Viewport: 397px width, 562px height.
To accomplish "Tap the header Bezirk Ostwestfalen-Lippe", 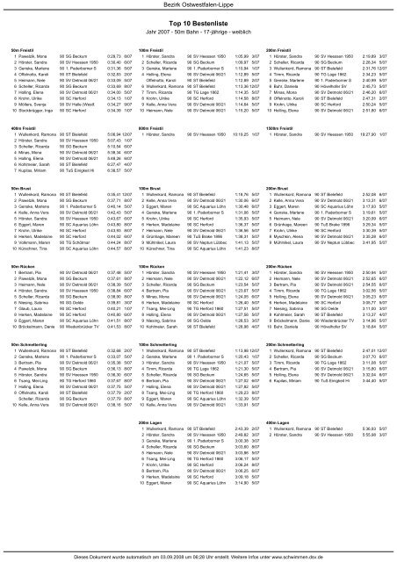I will (x=198, y=7).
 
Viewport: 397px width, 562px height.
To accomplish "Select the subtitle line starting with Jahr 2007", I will (x=198, y=41).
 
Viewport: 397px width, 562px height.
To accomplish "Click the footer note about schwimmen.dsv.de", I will (x=198, y=556).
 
